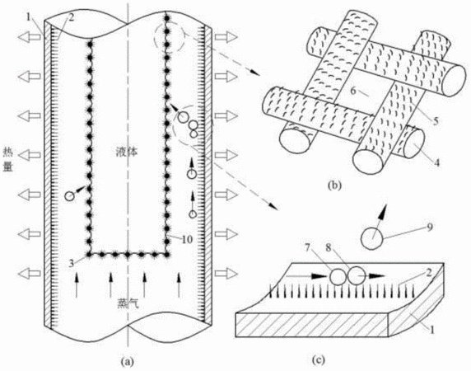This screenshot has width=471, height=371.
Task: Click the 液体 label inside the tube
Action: (127, 152)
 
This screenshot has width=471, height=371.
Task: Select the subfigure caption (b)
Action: (334, 185)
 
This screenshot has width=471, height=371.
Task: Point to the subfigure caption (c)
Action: (319, 359)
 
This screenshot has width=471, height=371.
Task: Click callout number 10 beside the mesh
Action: (187, 239)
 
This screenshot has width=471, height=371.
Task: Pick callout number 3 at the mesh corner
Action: (71, 263)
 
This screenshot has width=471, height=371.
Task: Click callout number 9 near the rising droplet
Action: (430, 228)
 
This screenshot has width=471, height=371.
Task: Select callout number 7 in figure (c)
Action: (307, 248)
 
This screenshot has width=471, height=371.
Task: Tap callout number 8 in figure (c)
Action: (329, 248)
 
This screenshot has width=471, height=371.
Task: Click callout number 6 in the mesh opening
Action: (353, 90)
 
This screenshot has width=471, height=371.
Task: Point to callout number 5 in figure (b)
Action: (436, 120)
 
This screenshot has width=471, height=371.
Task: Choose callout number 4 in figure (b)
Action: (436, 162)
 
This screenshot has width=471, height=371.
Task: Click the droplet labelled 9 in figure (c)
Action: (372, 237)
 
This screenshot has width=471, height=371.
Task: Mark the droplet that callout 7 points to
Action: (338, 276)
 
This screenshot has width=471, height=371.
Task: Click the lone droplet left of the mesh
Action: (69, 196)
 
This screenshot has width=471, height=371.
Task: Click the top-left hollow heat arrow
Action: (29, 37)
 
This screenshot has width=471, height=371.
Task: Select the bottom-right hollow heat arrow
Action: (226, 274)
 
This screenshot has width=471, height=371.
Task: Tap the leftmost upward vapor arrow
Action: (77, 284)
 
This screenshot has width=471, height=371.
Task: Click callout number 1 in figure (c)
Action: (432, 330)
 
